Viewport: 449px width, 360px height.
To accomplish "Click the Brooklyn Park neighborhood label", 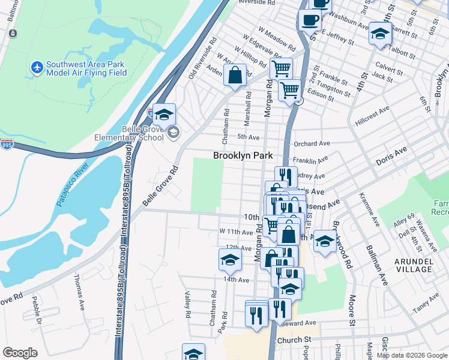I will [243, 155].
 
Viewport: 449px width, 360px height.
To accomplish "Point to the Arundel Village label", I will [413, 265].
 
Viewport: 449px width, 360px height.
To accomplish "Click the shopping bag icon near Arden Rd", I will [235, 75].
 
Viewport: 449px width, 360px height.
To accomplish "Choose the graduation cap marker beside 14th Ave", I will [229, 259].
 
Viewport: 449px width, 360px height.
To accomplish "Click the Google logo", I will [20, 353].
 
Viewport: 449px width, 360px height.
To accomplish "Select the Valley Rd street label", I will [187, 305].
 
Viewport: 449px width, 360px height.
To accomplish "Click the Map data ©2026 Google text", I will [412, 355].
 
